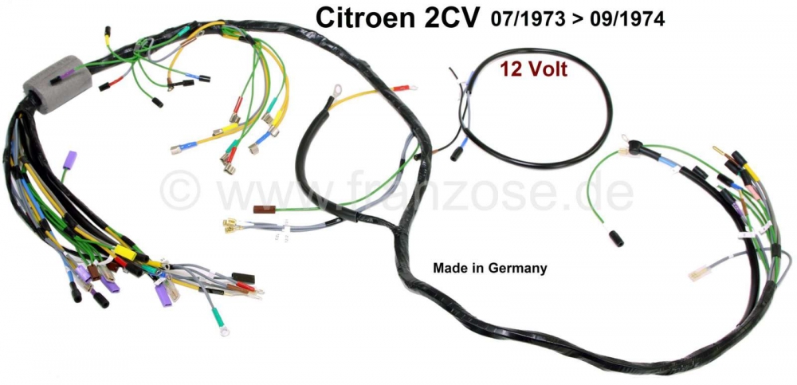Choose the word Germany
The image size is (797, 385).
click(x=520, y=268)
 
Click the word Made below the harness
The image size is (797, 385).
click(x=447, y=268)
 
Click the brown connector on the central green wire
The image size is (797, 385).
click(x=262, y=210)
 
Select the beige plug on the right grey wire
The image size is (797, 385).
click(x=699, y=272)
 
